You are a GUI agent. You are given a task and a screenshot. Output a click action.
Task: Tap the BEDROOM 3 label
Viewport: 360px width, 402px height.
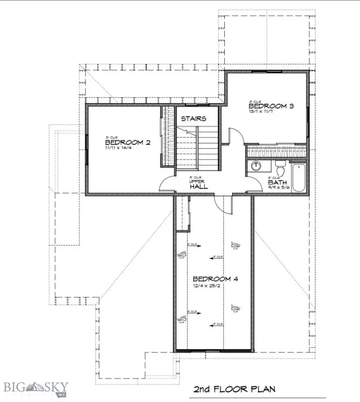(270, 106)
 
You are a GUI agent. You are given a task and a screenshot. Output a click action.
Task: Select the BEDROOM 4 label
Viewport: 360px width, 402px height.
(215, 278)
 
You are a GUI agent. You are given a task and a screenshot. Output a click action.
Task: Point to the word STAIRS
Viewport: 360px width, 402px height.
(193, 119)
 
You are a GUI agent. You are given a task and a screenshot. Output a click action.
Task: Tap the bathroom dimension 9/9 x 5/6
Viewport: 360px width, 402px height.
(278, 188)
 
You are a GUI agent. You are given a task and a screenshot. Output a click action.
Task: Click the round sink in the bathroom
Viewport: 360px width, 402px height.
(256, 166)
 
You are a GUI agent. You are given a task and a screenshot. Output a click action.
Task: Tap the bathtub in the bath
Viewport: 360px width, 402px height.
(299, 178)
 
